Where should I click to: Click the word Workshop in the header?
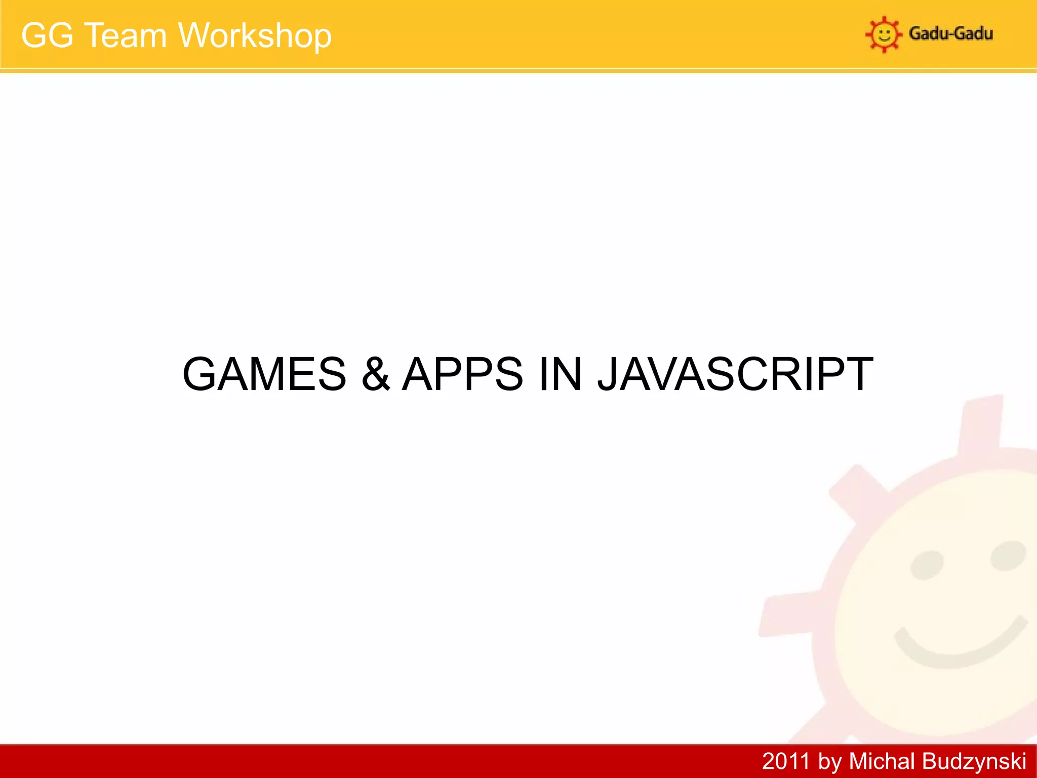(255, 36)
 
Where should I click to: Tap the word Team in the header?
(125, 36)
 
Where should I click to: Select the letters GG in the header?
(47, 36)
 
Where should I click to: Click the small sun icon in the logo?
(884, 34)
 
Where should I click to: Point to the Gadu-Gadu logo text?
(950, 34)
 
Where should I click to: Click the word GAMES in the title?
(264, 374)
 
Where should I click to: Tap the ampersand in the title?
(376, 374)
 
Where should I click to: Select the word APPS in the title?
(462, 374)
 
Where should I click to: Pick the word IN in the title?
(560, 374)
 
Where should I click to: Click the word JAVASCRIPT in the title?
(735, 374)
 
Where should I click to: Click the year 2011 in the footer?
(785, 761)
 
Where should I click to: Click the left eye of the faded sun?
(927, 565)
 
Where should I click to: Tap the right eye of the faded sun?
(1008, 555)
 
